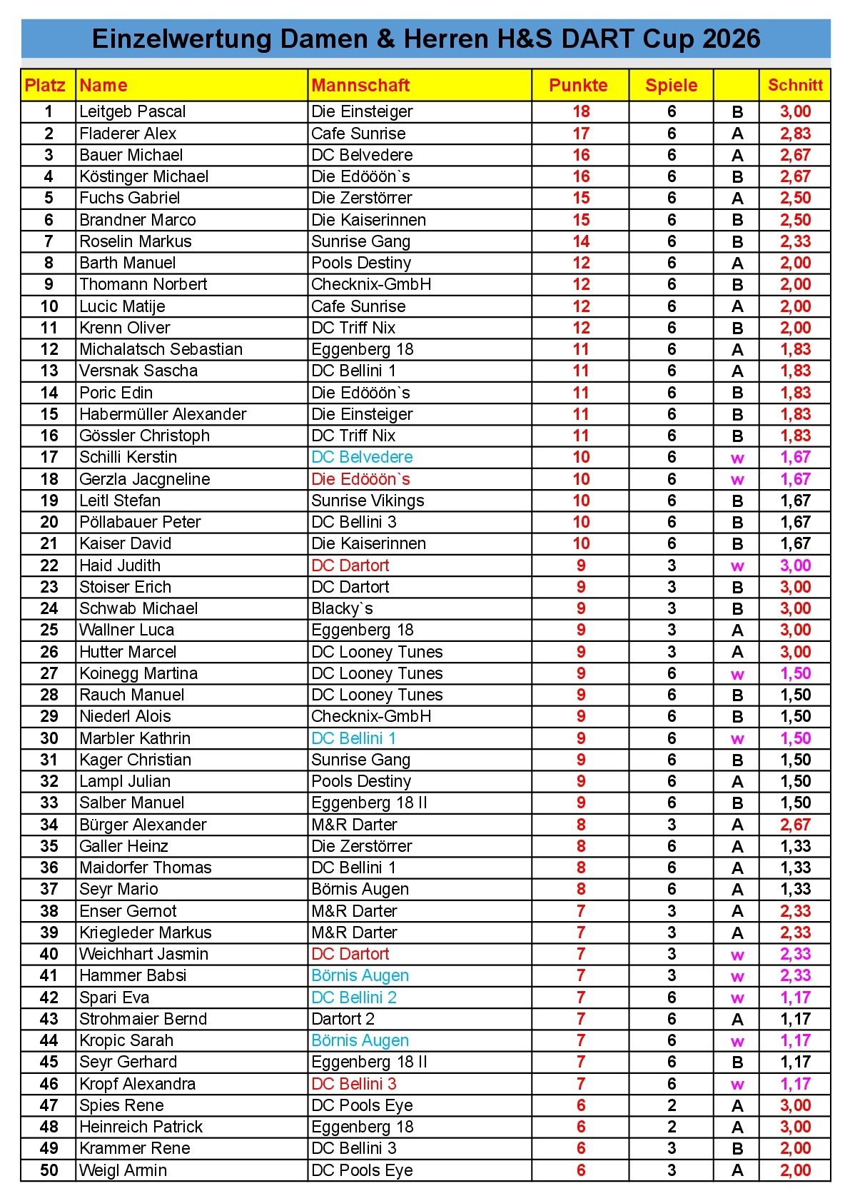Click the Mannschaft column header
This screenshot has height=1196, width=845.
[360, 86]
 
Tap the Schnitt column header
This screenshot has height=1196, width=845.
[795, 86]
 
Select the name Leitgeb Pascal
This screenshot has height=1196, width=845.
[133, 111]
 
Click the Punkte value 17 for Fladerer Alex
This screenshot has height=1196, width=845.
[581, 134]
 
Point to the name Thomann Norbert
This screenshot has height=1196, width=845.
[143, 284]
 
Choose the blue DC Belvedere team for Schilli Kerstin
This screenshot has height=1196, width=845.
[362, 457]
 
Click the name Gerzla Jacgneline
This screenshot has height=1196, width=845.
[145, 479]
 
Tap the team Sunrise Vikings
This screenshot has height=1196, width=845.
[368, 501]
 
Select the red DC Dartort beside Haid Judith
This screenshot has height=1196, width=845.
[350, 566]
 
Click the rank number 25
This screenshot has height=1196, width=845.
[49, 630]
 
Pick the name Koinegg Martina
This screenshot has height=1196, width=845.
[138, 673]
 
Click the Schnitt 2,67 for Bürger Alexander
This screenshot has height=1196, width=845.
[795, 825]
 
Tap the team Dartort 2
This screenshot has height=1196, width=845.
[343, 1019]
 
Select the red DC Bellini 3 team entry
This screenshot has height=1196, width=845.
[354, 1084]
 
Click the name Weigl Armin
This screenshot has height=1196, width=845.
[123, 1170]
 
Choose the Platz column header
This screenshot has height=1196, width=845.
[45, 86]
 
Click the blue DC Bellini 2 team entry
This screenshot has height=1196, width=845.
[354, 997]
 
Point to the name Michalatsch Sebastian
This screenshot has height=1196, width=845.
[161, 349]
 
